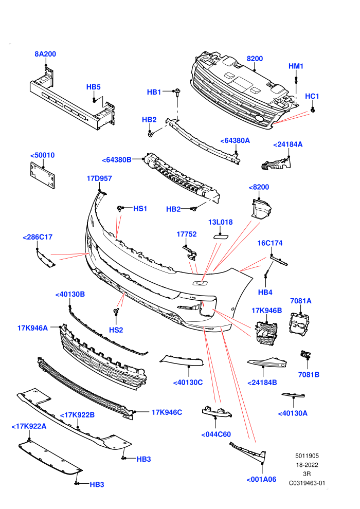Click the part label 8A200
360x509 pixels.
point(45,54)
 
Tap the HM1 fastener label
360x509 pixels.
point(296,66)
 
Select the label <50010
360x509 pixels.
point(43,155)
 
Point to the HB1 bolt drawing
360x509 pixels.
point(177,93)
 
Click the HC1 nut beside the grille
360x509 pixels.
point(313,110)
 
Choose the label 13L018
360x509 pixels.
point(221,222)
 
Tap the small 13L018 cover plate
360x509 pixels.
point(221,237)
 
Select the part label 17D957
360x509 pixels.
point(99,178)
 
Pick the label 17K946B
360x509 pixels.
point(267,311)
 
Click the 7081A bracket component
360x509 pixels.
point(299,323)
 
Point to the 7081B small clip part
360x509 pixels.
point(305,354)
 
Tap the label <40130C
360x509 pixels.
point(188,383)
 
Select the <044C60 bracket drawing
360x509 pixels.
point(217,411)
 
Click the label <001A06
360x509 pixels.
point(261,479)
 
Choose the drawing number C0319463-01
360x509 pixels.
point(307,483)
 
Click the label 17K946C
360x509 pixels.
point(167,412)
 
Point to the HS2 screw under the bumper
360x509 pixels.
point(116,312)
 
